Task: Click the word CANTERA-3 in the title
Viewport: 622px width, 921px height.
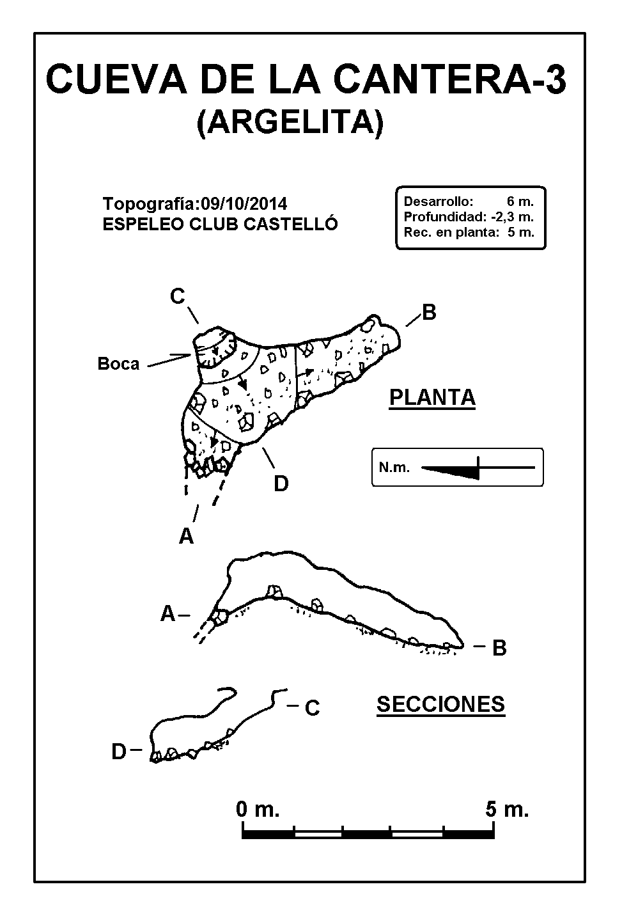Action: click(x=450, y=79)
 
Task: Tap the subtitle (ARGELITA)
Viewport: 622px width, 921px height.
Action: click(x=290, y=122)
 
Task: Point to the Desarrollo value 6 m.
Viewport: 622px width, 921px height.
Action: click(x=520, y=201)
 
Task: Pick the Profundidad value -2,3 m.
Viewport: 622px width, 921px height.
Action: click(x=512, y=217)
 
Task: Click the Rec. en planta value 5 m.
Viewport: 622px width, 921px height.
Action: click(x=521, y=232)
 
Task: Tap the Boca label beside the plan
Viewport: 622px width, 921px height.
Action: click(x=118, y=363)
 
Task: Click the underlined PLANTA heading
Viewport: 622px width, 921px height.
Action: click(x=432, y=397)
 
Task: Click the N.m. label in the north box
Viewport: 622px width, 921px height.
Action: click(x=394, y=468)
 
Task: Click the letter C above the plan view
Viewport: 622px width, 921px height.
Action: click(x=178, y=296)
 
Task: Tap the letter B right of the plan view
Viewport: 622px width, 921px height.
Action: click(x=429, y=313)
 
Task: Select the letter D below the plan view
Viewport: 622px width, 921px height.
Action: click(x=281, y=484)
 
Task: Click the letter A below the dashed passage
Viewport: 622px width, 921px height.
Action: click(x=186, y=536)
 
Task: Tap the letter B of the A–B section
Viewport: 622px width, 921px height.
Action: click(x=499, y=649)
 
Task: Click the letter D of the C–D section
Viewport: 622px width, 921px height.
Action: click(x=119, y=752)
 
